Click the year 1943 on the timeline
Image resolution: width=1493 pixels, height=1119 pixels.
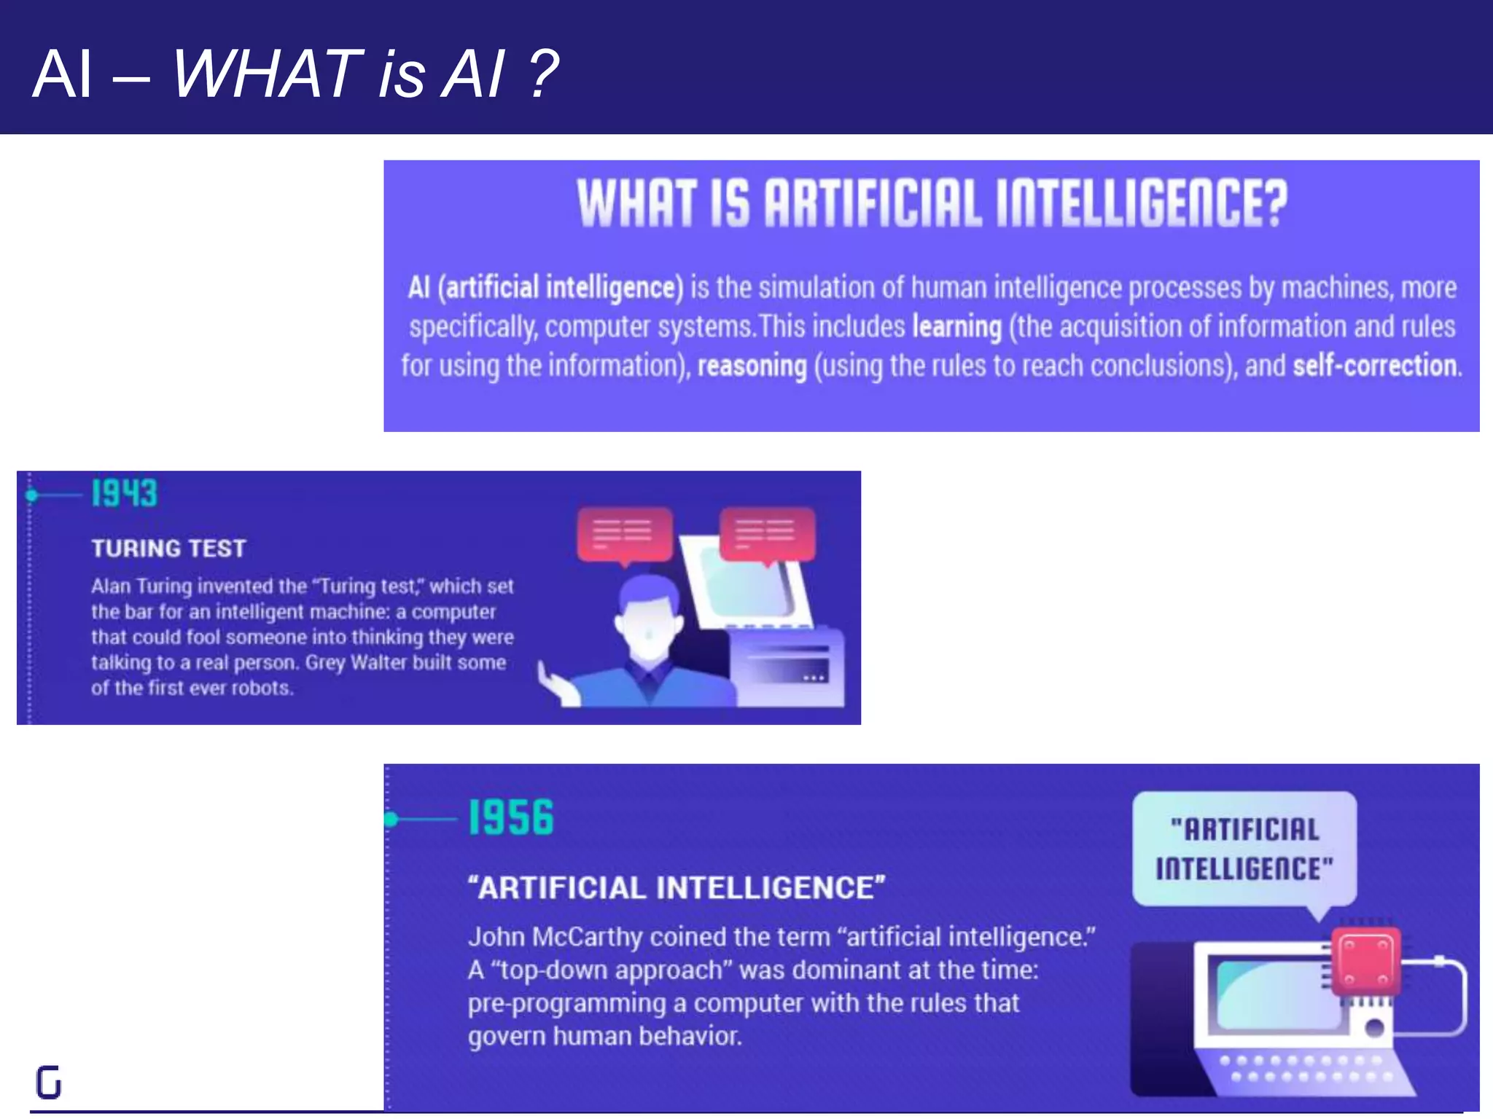pyautogui.click(x=124, y=493)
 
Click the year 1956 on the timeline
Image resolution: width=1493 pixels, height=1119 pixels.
pyautogui.click(x=510, y=817)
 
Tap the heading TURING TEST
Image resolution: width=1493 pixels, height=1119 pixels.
pyautogui.click(x=168, y=548)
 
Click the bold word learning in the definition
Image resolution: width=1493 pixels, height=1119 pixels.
pyautogui.click(x=956, y=326)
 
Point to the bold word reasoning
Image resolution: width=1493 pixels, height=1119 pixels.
pyautogui.click(x=752, y=365)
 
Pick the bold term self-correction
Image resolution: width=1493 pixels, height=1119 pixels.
pyautogui.click(x=1376, y=365)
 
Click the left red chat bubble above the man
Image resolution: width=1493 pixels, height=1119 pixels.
pyautogui.click(x=624, y=535)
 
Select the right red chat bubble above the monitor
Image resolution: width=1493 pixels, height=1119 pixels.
pyautogui.click(x=767, y=533)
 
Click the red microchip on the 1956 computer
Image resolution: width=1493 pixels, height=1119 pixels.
pyautogui.click(x=1365, y=962)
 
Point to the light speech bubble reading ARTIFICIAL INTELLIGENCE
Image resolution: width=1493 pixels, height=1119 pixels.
pyautogui.click(x=1244, y=849)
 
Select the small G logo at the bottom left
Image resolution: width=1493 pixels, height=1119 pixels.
pyautogui.click(x=49, y=1082)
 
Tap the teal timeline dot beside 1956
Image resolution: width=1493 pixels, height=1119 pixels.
pyautogui.click(x=391, y=819)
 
